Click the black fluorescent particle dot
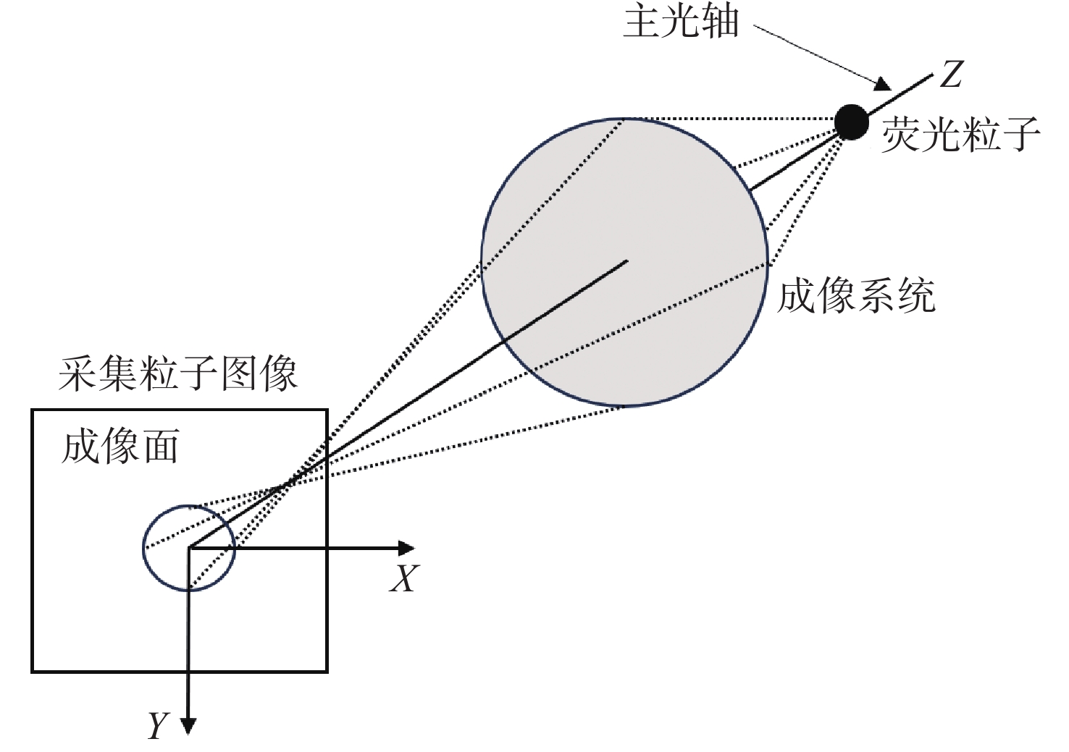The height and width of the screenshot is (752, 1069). point(852,122)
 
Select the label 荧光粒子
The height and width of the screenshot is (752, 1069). point(960,135)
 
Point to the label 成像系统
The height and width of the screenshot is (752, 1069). point(856,296)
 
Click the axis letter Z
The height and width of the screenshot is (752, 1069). point(951,74)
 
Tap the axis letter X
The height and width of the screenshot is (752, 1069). point(405,578)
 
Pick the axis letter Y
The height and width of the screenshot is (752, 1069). point(158,725)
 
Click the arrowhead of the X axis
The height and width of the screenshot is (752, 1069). point(406,548)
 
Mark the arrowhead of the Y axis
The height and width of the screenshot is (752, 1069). point(188,726)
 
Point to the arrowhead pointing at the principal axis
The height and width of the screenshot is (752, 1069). point(883,85)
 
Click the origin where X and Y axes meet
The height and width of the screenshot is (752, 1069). point(190,548)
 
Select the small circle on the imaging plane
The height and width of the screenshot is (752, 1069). point(189,548)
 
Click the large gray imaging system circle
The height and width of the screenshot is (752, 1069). point(625,262)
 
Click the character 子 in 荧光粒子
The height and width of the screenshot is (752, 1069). point(1021,135)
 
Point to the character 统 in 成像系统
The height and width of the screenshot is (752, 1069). point(917,296)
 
